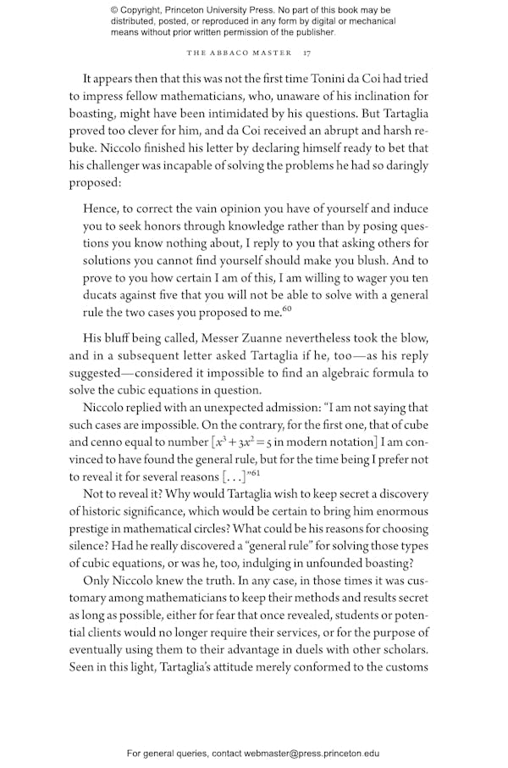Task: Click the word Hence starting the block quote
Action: pos(101,209)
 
